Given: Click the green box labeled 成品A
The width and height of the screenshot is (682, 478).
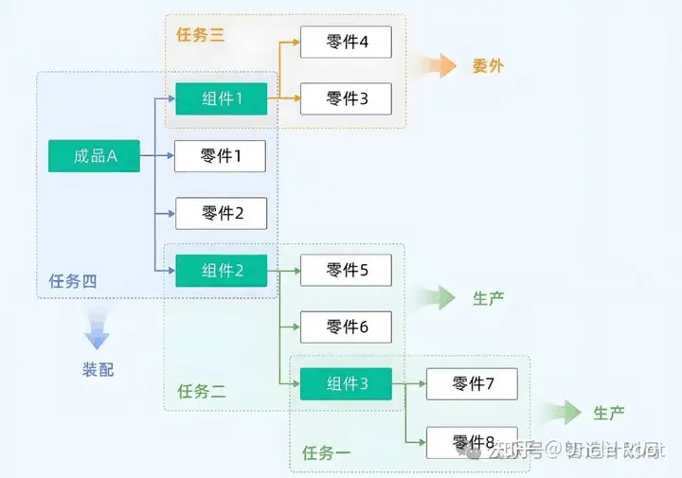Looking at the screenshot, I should (x=94, y=156).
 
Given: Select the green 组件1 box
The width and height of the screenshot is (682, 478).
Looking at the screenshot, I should (x=221, y=98).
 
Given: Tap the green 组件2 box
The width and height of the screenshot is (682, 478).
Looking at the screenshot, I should (x=221, y=271).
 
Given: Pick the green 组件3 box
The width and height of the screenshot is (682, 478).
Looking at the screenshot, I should (x=346, y=383).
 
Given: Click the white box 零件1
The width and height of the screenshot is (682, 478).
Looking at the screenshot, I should (x=221, y=156).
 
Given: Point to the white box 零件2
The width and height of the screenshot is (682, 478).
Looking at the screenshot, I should (x=221, y=213).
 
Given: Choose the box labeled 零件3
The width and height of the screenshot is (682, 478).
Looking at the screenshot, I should (x=346, y=98).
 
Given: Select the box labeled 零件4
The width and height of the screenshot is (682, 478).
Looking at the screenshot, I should (x=346, y=43).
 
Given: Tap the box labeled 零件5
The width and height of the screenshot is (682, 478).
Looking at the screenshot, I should (x=346, y=271).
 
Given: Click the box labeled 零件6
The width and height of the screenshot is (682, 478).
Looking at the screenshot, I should (x=346, y=327).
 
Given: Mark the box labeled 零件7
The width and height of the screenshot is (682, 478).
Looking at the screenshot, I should (x=472, y=383).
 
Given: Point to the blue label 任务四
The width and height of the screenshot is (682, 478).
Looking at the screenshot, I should (x=73, y=281).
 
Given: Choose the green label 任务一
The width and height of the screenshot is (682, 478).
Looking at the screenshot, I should (x=326, y=453).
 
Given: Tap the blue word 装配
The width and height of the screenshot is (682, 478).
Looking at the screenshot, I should (x=98, y=369).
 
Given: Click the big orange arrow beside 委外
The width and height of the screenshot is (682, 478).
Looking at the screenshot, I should (x=439, y=65).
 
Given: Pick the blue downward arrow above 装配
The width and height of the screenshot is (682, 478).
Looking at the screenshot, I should (x=97, y=329).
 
